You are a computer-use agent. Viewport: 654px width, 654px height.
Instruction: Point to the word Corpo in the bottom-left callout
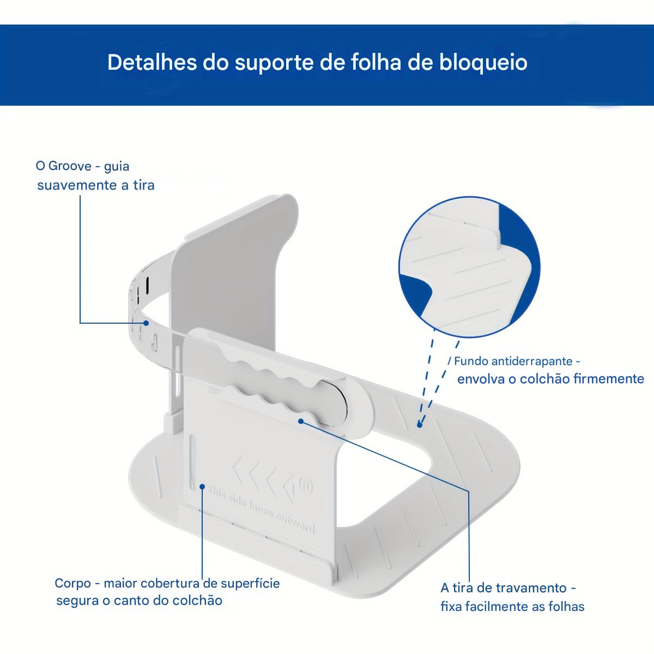click(72, 583)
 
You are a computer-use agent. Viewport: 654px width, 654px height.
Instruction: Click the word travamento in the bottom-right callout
click(532, 588)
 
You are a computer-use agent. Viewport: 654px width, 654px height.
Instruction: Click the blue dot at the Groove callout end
click(146, 323)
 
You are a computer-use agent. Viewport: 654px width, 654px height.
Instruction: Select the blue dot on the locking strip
click(300, 420)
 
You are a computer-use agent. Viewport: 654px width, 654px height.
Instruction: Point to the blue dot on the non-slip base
click(419, 425)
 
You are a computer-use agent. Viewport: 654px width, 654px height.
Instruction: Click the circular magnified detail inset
click(469, 267)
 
